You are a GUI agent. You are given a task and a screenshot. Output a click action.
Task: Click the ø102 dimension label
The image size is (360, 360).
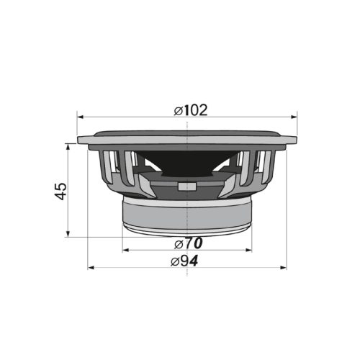[x=191, y=110]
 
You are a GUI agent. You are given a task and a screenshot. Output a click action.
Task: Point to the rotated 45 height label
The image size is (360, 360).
[x=61, y=191]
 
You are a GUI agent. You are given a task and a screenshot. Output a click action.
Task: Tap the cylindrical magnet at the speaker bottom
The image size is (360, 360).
[x=187, y=215]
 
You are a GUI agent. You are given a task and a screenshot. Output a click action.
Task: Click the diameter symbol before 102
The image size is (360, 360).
[x=178, y=110]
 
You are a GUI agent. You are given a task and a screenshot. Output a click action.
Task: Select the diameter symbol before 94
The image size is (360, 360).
[x=176, y=261]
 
